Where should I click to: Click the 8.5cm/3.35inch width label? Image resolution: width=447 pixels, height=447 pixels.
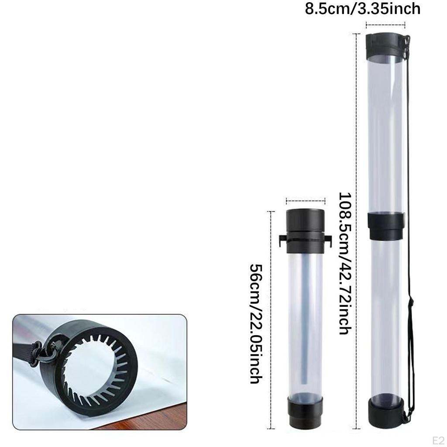pyautogui.click(x=363, y=9)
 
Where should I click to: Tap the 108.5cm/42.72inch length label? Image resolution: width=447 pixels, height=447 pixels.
pyautogui.click(x=345, y=263)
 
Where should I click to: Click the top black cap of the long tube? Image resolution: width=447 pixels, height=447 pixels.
pyautogui.click(x=385, y=45)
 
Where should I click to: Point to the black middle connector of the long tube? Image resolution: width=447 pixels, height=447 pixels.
pyautogui.click(x=386, y=226)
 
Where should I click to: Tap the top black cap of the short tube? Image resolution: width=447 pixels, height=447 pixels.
pyautogui.click(x=305, y=231)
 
